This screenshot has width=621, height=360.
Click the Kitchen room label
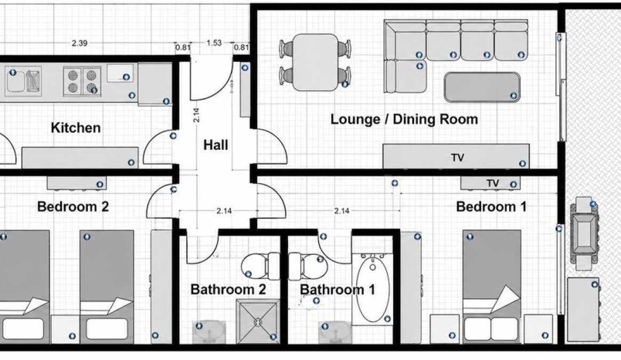click(76, 127)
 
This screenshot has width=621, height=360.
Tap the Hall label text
click(216, 145)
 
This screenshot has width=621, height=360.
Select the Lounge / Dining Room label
click(404, 119)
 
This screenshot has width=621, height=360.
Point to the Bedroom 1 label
click(491, 206)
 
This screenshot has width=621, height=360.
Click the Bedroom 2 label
click(73, 206)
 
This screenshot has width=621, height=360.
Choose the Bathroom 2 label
click(228, 289)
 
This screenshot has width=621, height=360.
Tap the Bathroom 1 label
click(337, 289)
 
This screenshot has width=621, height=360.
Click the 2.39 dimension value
click(79, 43)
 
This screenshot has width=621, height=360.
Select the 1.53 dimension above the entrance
click(214, 43)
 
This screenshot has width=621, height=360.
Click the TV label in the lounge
click(457, 158)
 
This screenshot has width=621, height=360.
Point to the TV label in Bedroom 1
click(492, 183)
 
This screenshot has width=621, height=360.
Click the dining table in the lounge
click(315, 62)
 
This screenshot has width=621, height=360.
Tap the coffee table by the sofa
click(482, 87)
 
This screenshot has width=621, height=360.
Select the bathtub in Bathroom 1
click(373, 289)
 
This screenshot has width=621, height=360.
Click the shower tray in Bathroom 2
click(258, 321)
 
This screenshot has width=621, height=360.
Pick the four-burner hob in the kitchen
click(82, 81)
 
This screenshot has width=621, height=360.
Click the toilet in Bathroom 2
click(260, 265)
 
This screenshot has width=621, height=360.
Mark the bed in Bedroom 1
click(492, 286)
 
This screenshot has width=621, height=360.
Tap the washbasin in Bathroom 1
click(335, 332)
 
